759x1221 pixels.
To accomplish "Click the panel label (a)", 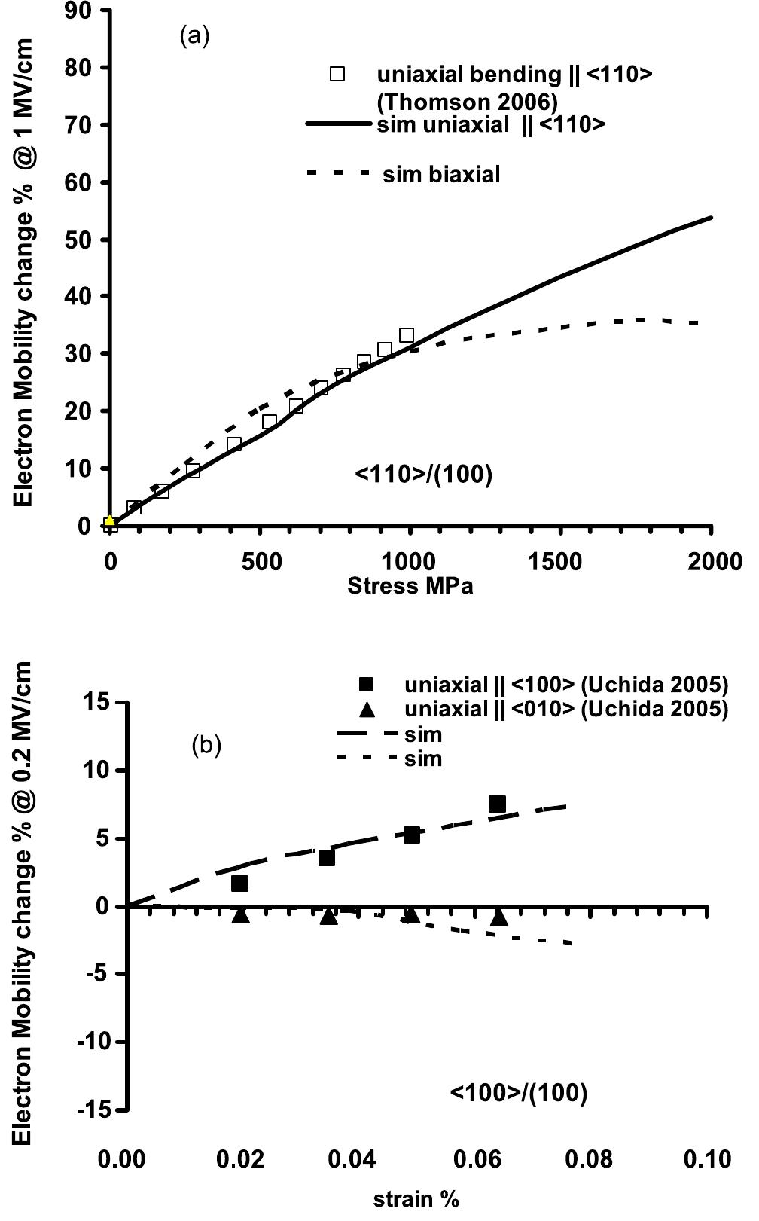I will point(194,36).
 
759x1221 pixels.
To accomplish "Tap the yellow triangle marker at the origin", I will point(110,520).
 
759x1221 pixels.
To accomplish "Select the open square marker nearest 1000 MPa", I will point(407,335).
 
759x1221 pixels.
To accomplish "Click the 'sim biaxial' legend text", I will point(441,175).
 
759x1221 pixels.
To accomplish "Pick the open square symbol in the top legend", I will point(337,74).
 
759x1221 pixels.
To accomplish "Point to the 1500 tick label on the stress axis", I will point(556,562).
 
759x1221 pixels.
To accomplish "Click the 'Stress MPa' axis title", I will point(410,586).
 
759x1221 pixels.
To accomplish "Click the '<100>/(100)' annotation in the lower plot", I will point(519,1092).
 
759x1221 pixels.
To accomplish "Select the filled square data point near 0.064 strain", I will point(497,804).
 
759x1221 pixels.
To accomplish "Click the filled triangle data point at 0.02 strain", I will point(240,914).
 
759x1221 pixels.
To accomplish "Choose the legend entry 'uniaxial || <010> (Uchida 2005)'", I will point(566,709).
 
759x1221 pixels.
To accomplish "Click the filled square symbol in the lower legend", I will point(366,685).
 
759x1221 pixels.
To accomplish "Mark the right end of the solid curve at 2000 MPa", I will point(711,218).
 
